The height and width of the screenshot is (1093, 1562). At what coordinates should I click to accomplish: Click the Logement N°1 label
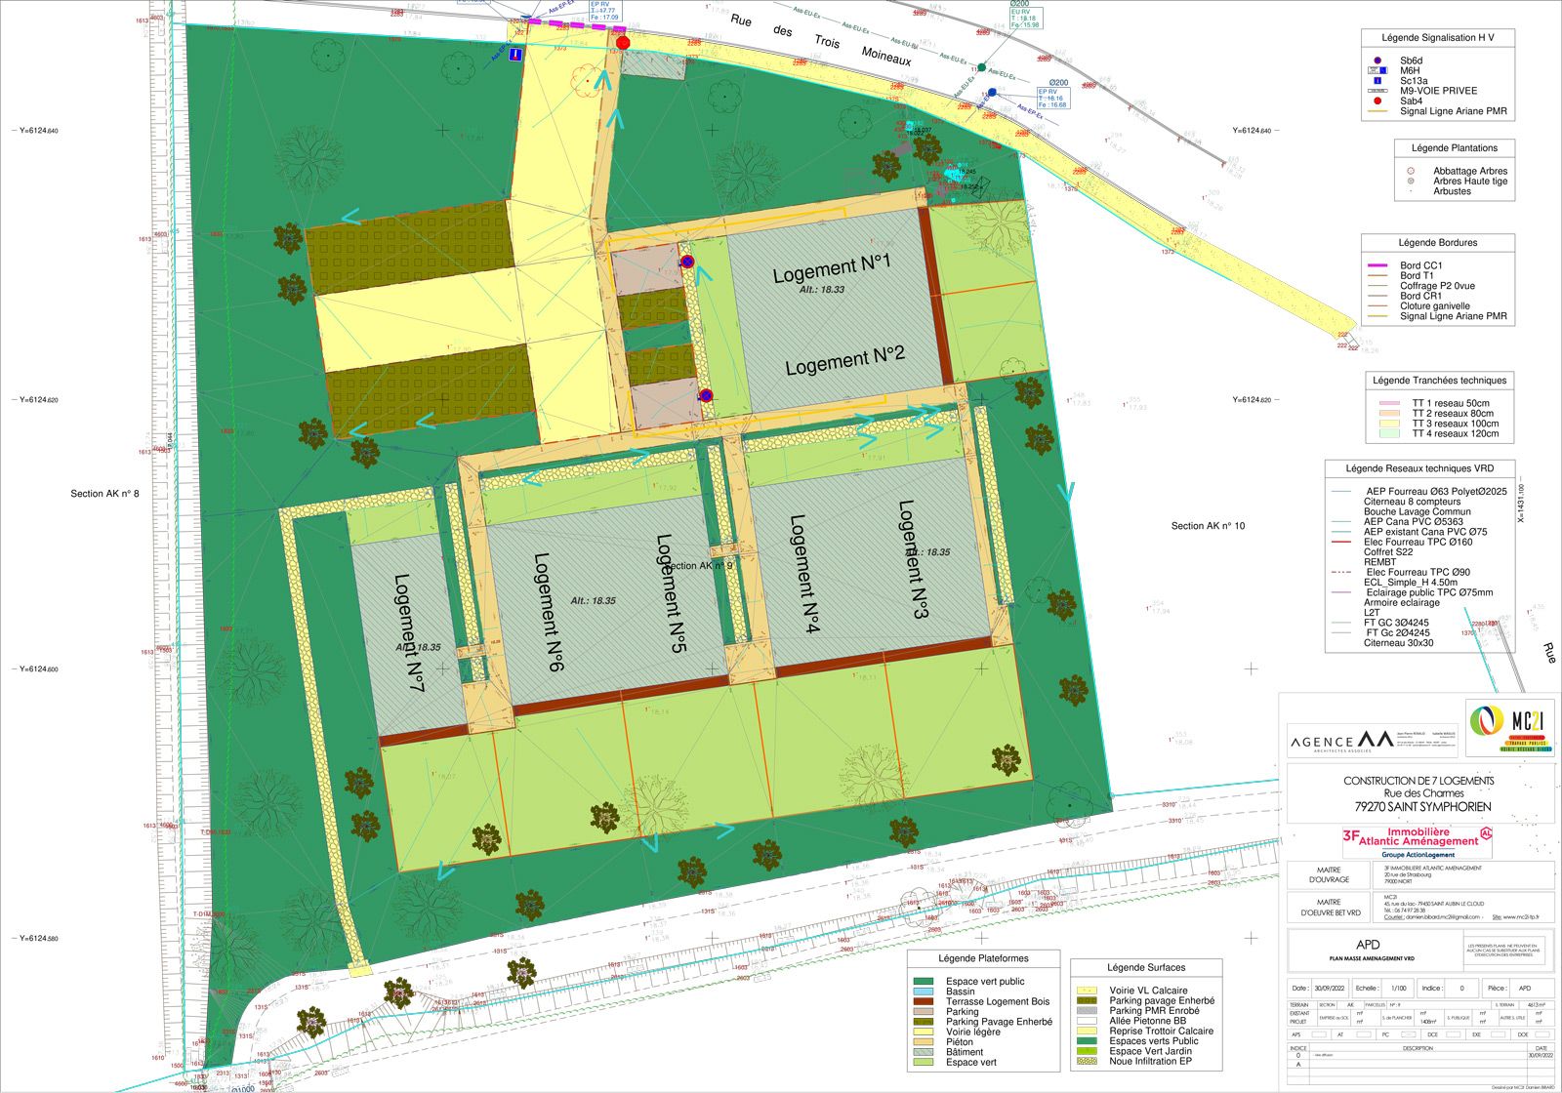pos(832,268)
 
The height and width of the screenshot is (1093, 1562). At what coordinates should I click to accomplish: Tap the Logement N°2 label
pos(845,361)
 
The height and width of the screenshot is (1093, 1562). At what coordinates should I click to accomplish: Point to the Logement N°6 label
pos(549,612)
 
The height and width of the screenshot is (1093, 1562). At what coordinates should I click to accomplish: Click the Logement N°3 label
pos(912,559)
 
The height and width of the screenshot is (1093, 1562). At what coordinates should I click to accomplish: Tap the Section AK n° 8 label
pos(104,494)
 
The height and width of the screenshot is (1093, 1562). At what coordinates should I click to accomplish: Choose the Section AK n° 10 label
pos(1208,526)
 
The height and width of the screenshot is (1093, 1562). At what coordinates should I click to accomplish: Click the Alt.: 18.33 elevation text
pos(822,290)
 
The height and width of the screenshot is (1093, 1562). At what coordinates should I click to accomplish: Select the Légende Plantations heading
pos(1454,148)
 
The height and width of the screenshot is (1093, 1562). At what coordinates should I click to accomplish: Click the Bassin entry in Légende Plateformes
pos(960,992)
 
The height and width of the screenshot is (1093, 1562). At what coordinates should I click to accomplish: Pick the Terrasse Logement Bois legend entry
pos(997,1001)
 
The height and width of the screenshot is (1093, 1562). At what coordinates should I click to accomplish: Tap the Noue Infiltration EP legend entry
pos(1150,1061)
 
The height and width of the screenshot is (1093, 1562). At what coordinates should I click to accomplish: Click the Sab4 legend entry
pos(1411,101)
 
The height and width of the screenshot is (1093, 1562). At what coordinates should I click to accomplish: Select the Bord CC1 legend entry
pos(1420,265)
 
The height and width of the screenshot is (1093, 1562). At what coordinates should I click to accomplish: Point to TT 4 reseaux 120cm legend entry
pos(1455,434)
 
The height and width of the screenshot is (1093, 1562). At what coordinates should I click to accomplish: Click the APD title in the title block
pos(1368,945)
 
